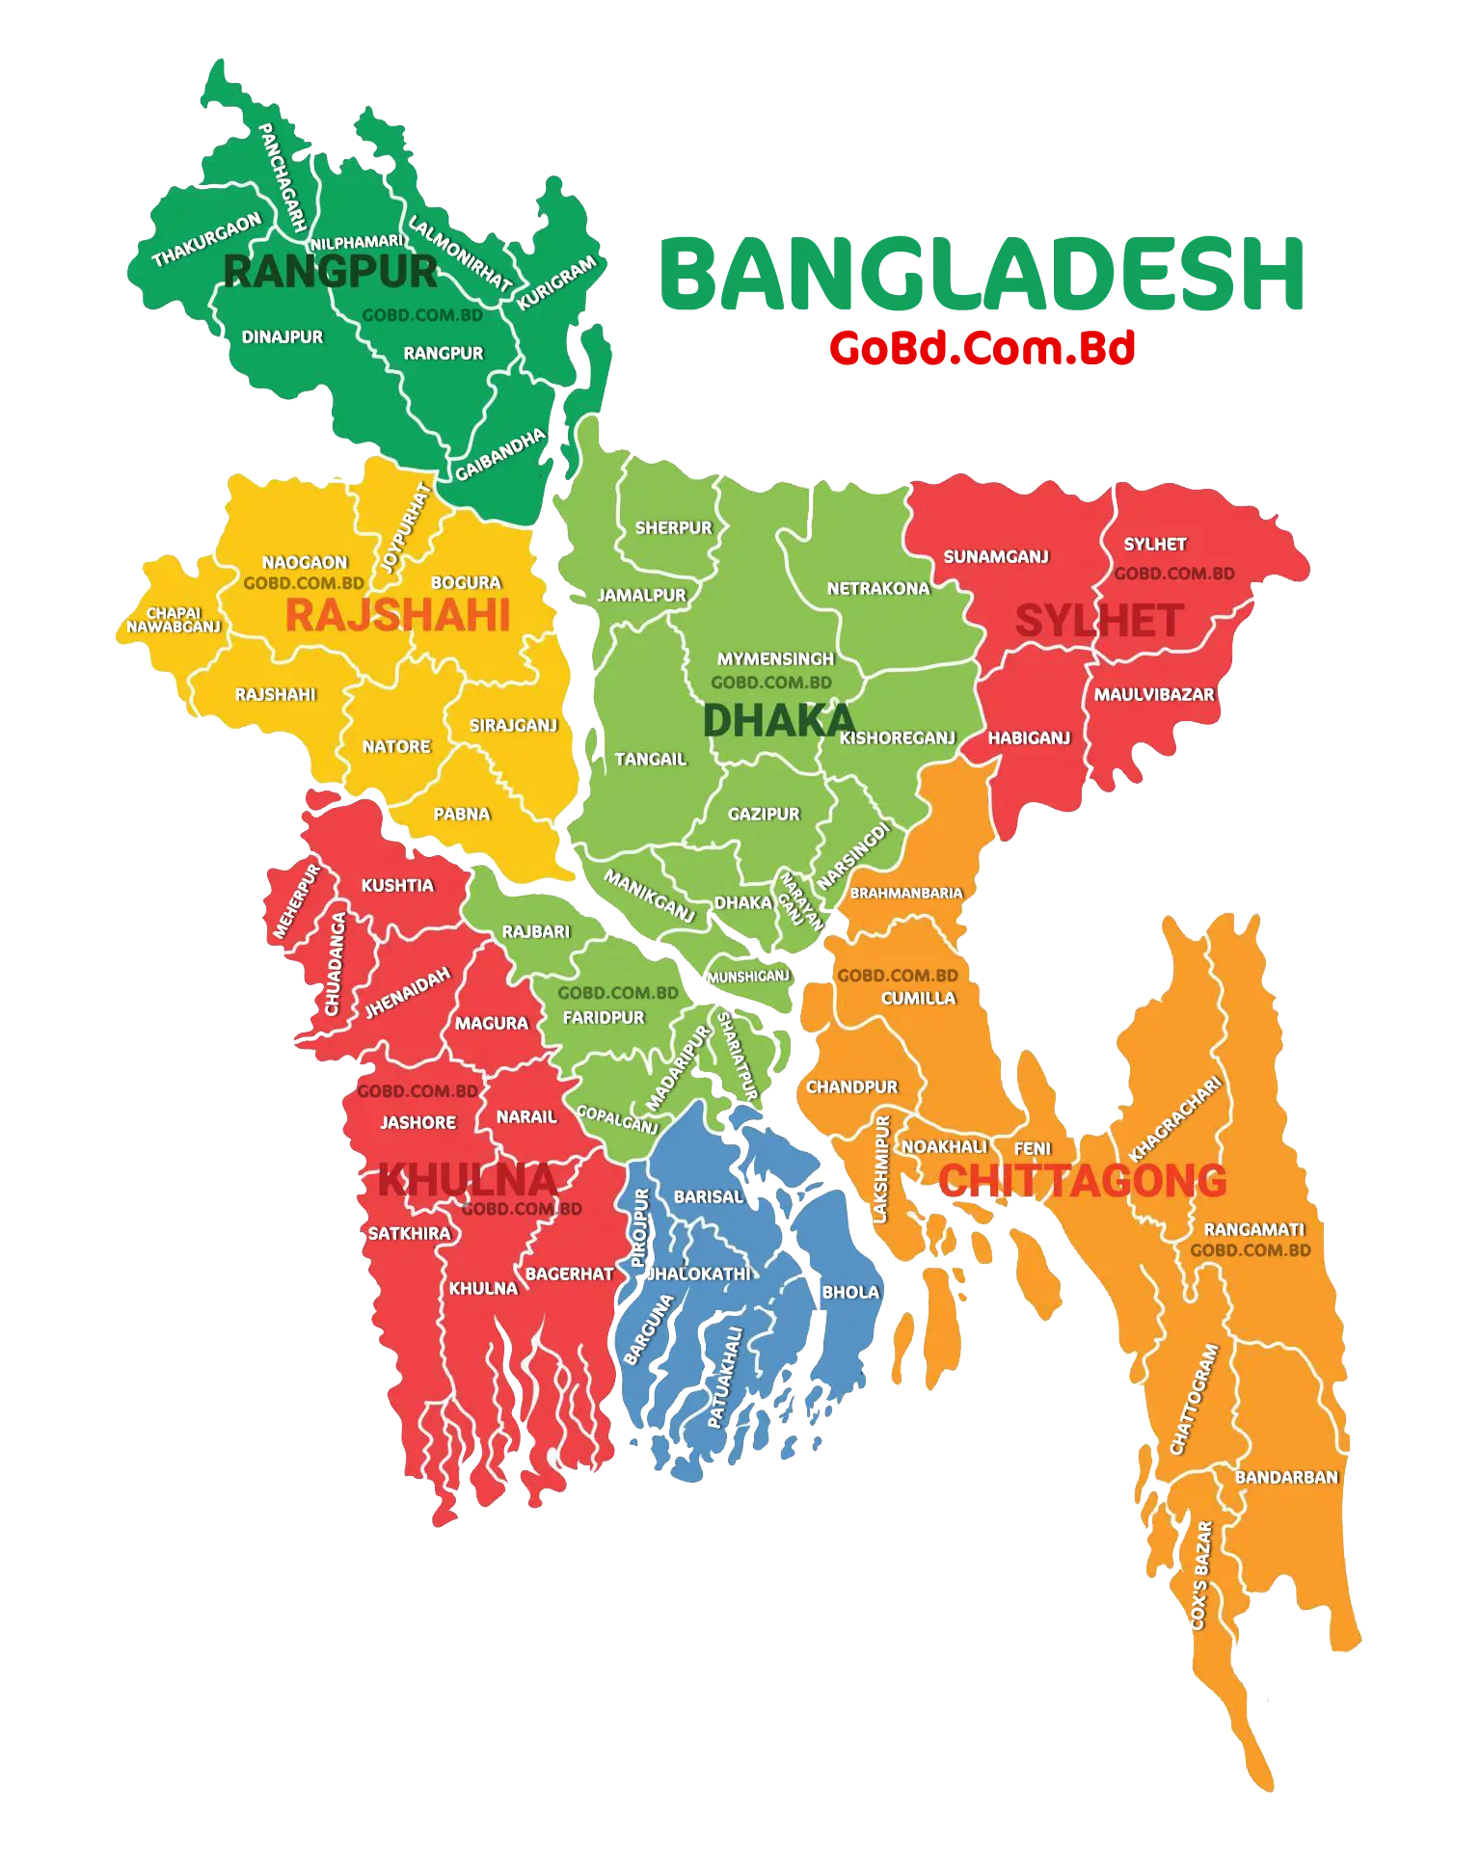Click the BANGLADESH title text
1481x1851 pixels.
coord(980,275)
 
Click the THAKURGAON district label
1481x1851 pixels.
coord(206,240)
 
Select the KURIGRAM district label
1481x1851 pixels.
coord(557,283)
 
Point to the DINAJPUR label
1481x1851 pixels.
coord(283,337)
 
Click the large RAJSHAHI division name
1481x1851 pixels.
coord(397,616)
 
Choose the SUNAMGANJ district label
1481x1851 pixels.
coord(996,557)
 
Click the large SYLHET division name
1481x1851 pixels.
coord(1099,621)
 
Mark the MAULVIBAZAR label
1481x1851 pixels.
coord(1154,694)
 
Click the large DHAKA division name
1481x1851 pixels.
coord(778,720)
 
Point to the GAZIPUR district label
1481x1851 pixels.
coord(764,815)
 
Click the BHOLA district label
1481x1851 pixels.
coord(850,1292)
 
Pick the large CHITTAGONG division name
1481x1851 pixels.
coord(1082,1181)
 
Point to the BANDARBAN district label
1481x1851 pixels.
coord(1286,1477)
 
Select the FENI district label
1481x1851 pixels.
coord(1032,1148)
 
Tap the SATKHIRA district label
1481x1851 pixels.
coord(409,1233)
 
